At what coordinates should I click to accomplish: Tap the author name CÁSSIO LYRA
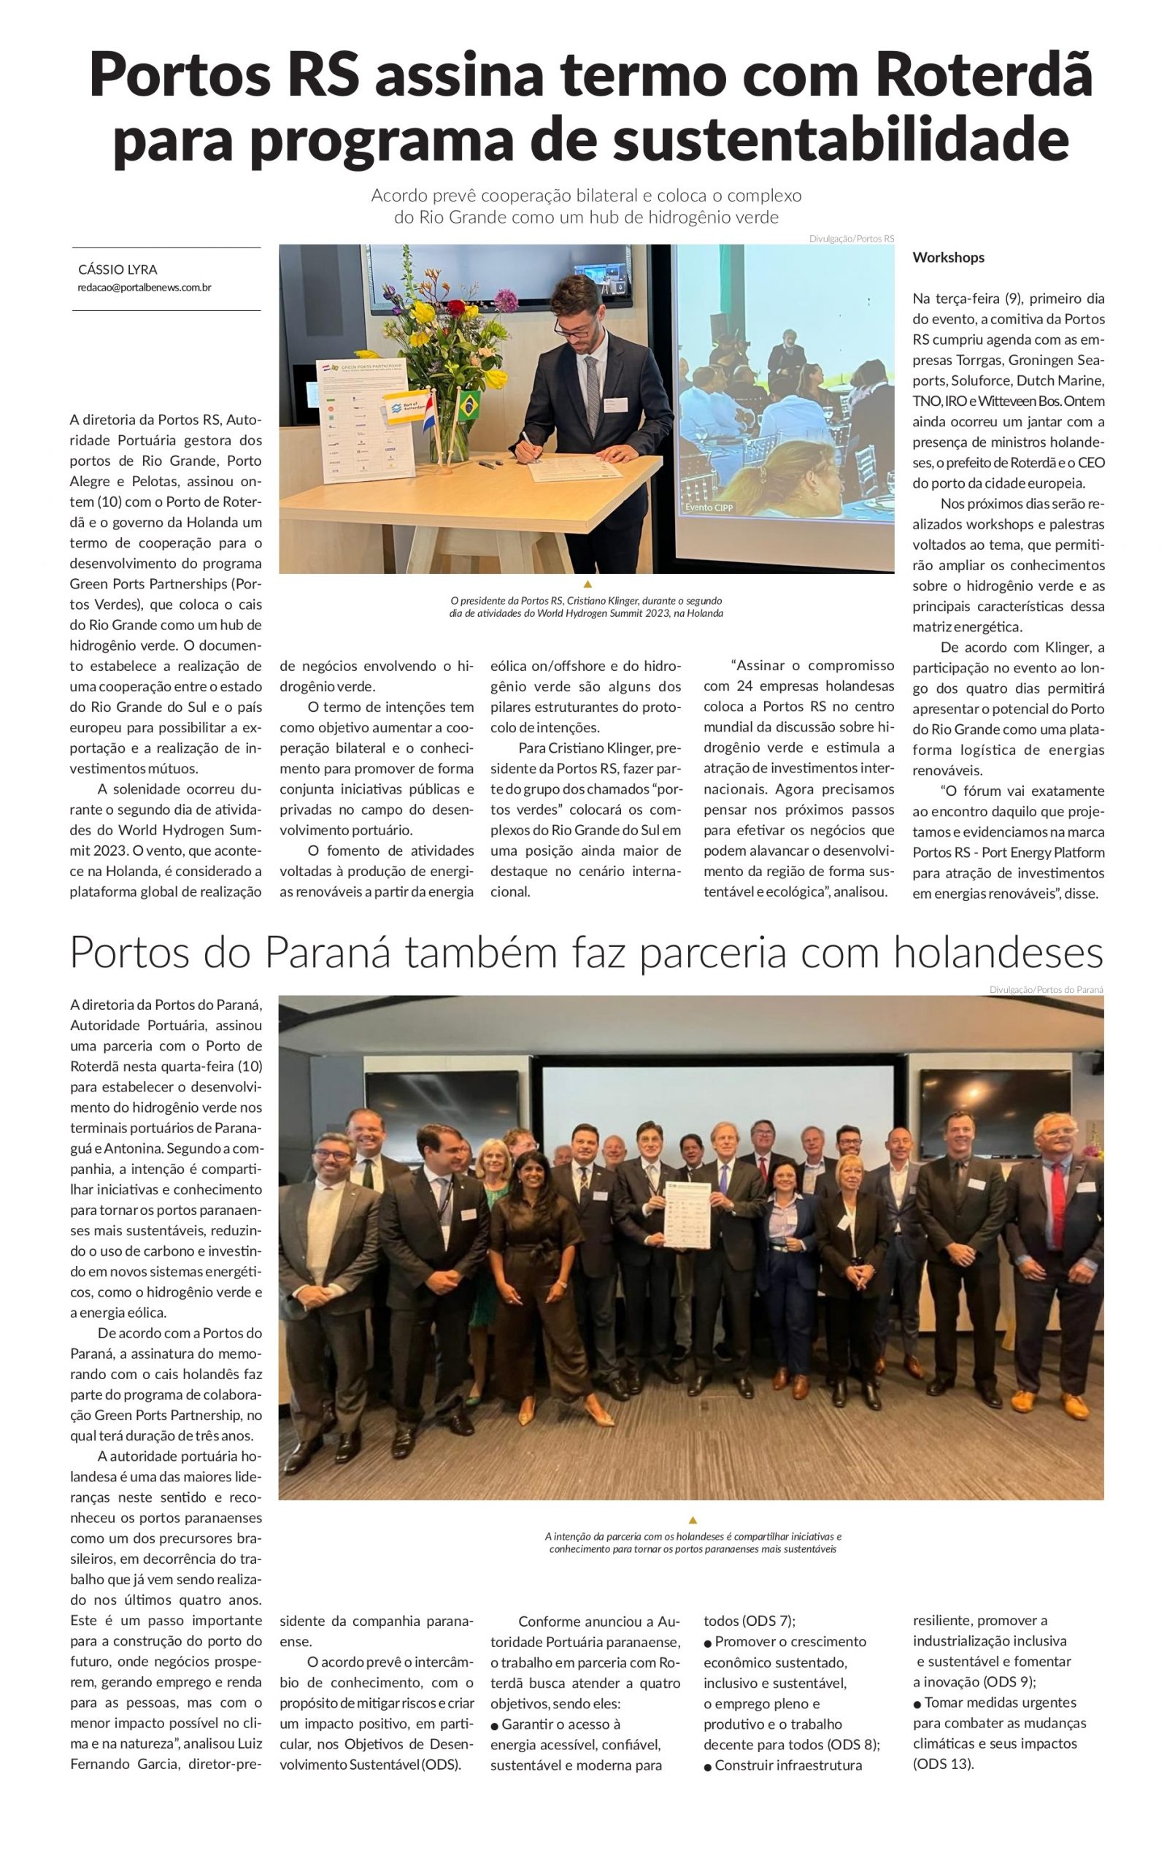click(118, 269)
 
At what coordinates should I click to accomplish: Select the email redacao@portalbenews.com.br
click(145, 287)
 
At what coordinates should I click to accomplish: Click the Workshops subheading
click(948, 258)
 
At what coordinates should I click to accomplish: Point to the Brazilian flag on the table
click(468, 406)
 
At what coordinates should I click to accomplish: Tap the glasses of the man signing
click(572, 327)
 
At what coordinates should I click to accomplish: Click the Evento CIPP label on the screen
click(709, 507)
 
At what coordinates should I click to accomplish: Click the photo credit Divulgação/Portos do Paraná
click(1046, 989)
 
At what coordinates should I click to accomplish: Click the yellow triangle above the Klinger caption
click(587, 583)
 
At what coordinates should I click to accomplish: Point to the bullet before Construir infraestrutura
click(708, 1766)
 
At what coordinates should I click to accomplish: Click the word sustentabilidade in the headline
click(841, 139)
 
